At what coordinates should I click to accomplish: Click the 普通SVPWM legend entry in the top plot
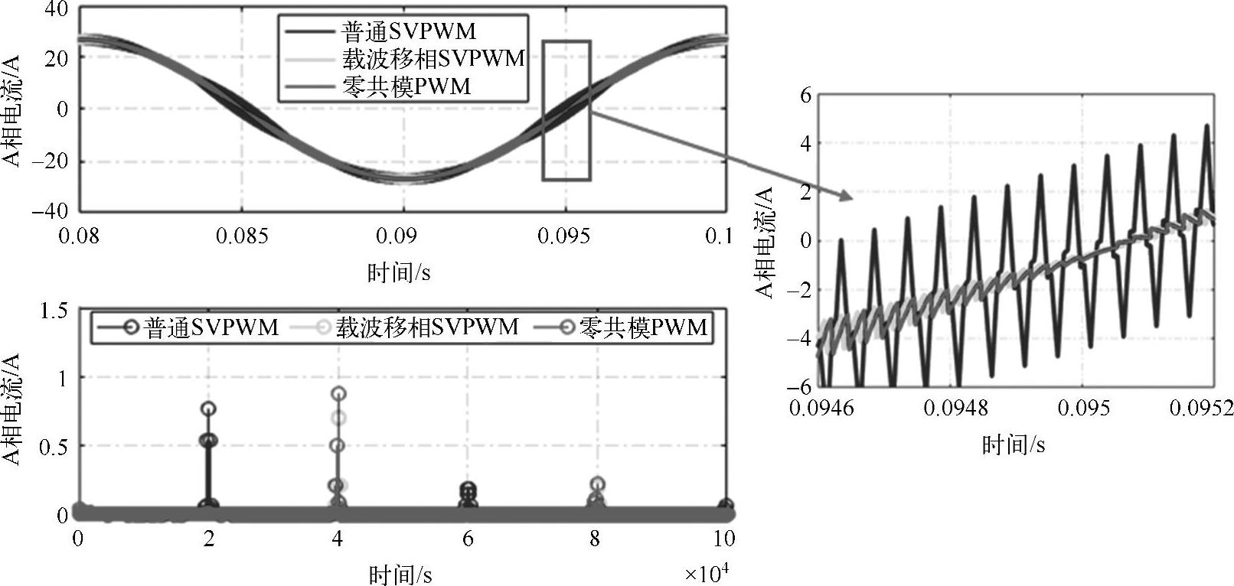[x=408, y=31]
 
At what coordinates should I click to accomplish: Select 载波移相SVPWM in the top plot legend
[x=433, y=58]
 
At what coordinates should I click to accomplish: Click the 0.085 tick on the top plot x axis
[x=242, y=236]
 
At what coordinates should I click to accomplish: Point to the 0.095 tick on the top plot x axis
[x=564, y=236]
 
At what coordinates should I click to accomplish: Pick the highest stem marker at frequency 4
[x=338, y=393]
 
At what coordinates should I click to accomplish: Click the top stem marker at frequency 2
[x=208, y=409]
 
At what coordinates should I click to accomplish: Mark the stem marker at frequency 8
[x=597, y=483]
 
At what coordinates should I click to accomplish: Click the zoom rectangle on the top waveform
[x=566, y=110]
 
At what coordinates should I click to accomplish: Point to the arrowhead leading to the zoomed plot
[x=845, y=196]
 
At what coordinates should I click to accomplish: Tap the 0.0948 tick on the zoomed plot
[x=955, y=408]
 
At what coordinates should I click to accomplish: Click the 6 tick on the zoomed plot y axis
[x=804, y=95]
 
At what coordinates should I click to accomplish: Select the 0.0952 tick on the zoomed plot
[x=1201, y=408]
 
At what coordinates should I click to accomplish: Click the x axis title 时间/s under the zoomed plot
[x=1014, y=444]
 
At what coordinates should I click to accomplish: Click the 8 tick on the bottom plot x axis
[x=596, y=539]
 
